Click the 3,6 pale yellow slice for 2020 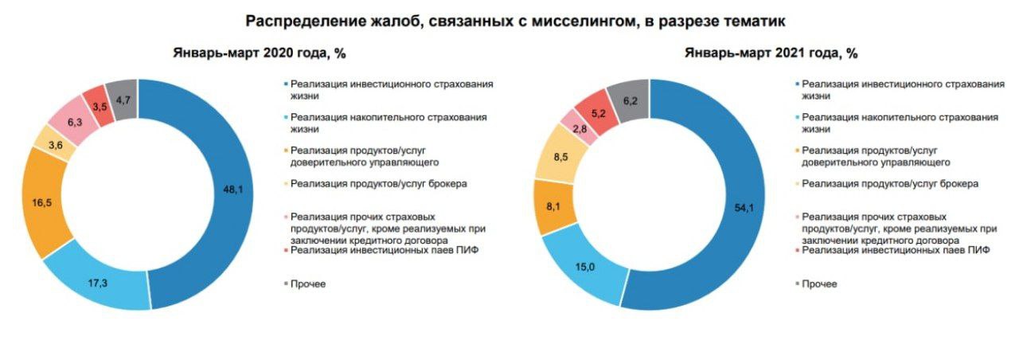click(x=56, y=145)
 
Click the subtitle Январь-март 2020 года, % click(x=259, y=53)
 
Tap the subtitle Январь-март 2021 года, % click(x=770, y=53)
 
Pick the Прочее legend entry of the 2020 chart click(x=308, y=284)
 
